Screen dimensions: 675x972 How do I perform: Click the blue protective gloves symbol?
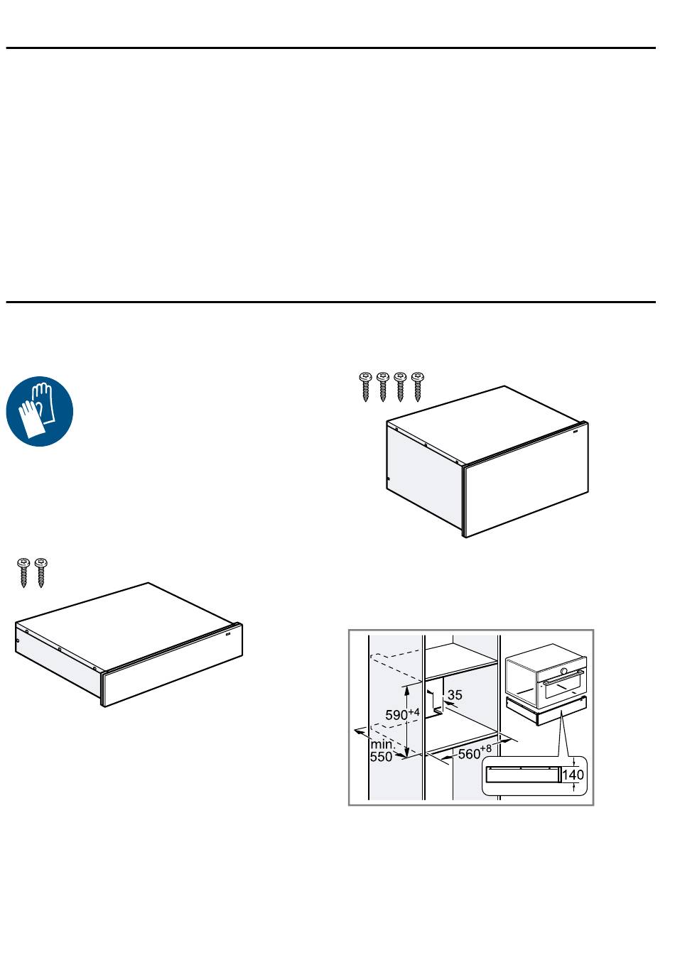click(x=40, y=411)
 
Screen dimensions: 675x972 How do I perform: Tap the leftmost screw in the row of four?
click(x=366, y=386)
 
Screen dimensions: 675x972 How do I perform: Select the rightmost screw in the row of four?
click(x=417, y=386)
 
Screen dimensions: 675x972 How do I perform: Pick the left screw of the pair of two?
click(x=23, y=573)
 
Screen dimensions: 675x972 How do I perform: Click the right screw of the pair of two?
click(x=40, y=573)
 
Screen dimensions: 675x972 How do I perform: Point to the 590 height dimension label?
click(x=402, y=714)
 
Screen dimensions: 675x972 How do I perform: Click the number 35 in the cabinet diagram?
click(x=455, y=694)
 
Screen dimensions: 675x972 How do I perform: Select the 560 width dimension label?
click(x=475, y=752)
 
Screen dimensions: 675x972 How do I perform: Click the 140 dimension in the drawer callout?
click(x=573, y=775)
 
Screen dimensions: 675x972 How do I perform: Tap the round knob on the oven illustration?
click(x=563, y=671)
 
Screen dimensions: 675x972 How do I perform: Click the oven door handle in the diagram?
click(x=563, y=679)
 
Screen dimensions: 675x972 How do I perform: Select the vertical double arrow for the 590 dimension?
click(x=406, y=721)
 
